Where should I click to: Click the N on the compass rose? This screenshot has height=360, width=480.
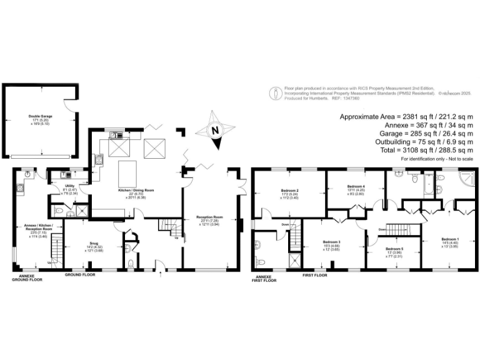tap(214, 131)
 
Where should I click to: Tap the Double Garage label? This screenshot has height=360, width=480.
tap(39, 116)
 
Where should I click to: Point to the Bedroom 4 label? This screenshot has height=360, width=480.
tap(356, 186)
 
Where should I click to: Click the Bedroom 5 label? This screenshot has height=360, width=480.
tap(394, 249)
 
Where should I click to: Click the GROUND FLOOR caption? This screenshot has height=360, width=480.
tap(80, 274)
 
